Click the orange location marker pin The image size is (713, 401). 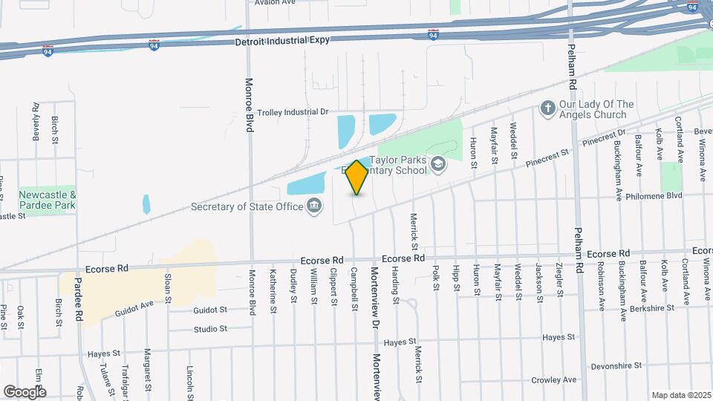[357, 178]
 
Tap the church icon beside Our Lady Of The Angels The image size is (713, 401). [547, 109]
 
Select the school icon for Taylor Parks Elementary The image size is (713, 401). [439, 164]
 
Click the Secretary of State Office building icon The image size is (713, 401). [315, 206]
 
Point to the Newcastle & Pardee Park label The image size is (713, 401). [48, 199]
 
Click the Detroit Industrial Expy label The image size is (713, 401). [281, 42]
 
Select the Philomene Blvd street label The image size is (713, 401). [674, 196]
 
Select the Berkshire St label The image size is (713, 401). [648, 307]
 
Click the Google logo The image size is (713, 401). [25, 391]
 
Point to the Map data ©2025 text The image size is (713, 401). [681, 395]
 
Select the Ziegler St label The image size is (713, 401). [559, 278]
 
